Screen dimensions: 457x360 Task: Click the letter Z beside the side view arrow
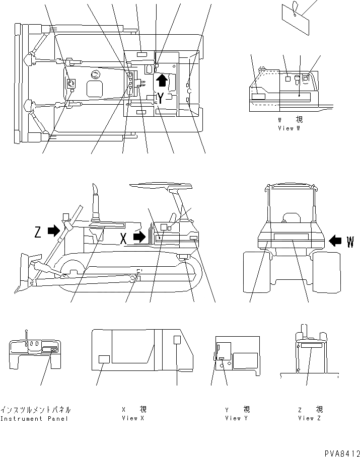tap(37, 232)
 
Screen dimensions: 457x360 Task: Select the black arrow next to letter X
tap(139, 236)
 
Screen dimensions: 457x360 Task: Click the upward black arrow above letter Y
tap(161, 80)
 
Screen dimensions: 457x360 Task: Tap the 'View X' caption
tap(129, 418)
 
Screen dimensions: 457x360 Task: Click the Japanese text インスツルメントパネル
tap(35, 410)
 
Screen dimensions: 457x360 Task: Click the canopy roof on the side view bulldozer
tap(161, 186)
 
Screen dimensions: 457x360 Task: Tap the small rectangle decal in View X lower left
tap(104, 359)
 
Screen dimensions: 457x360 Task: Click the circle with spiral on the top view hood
tap(94, 75)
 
